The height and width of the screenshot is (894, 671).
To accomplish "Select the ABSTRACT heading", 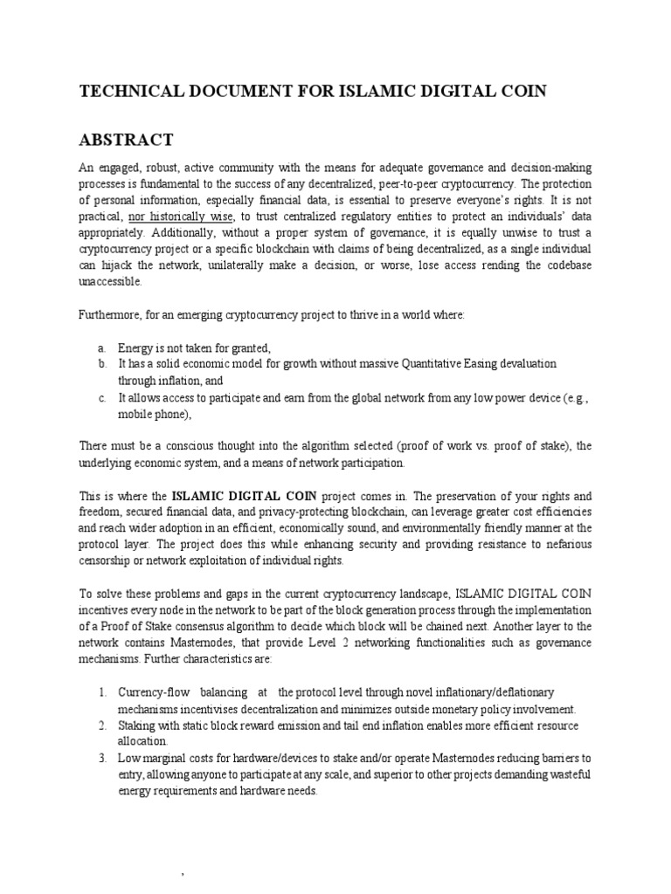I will click(127, 141).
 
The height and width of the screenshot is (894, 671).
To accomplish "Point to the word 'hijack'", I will click(123, 266).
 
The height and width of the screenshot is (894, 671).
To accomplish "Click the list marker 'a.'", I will click(101, 347).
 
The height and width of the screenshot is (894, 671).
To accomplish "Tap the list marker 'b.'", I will click(101, 363).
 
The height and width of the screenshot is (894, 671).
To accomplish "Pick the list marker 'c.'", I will click(101, 396).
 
